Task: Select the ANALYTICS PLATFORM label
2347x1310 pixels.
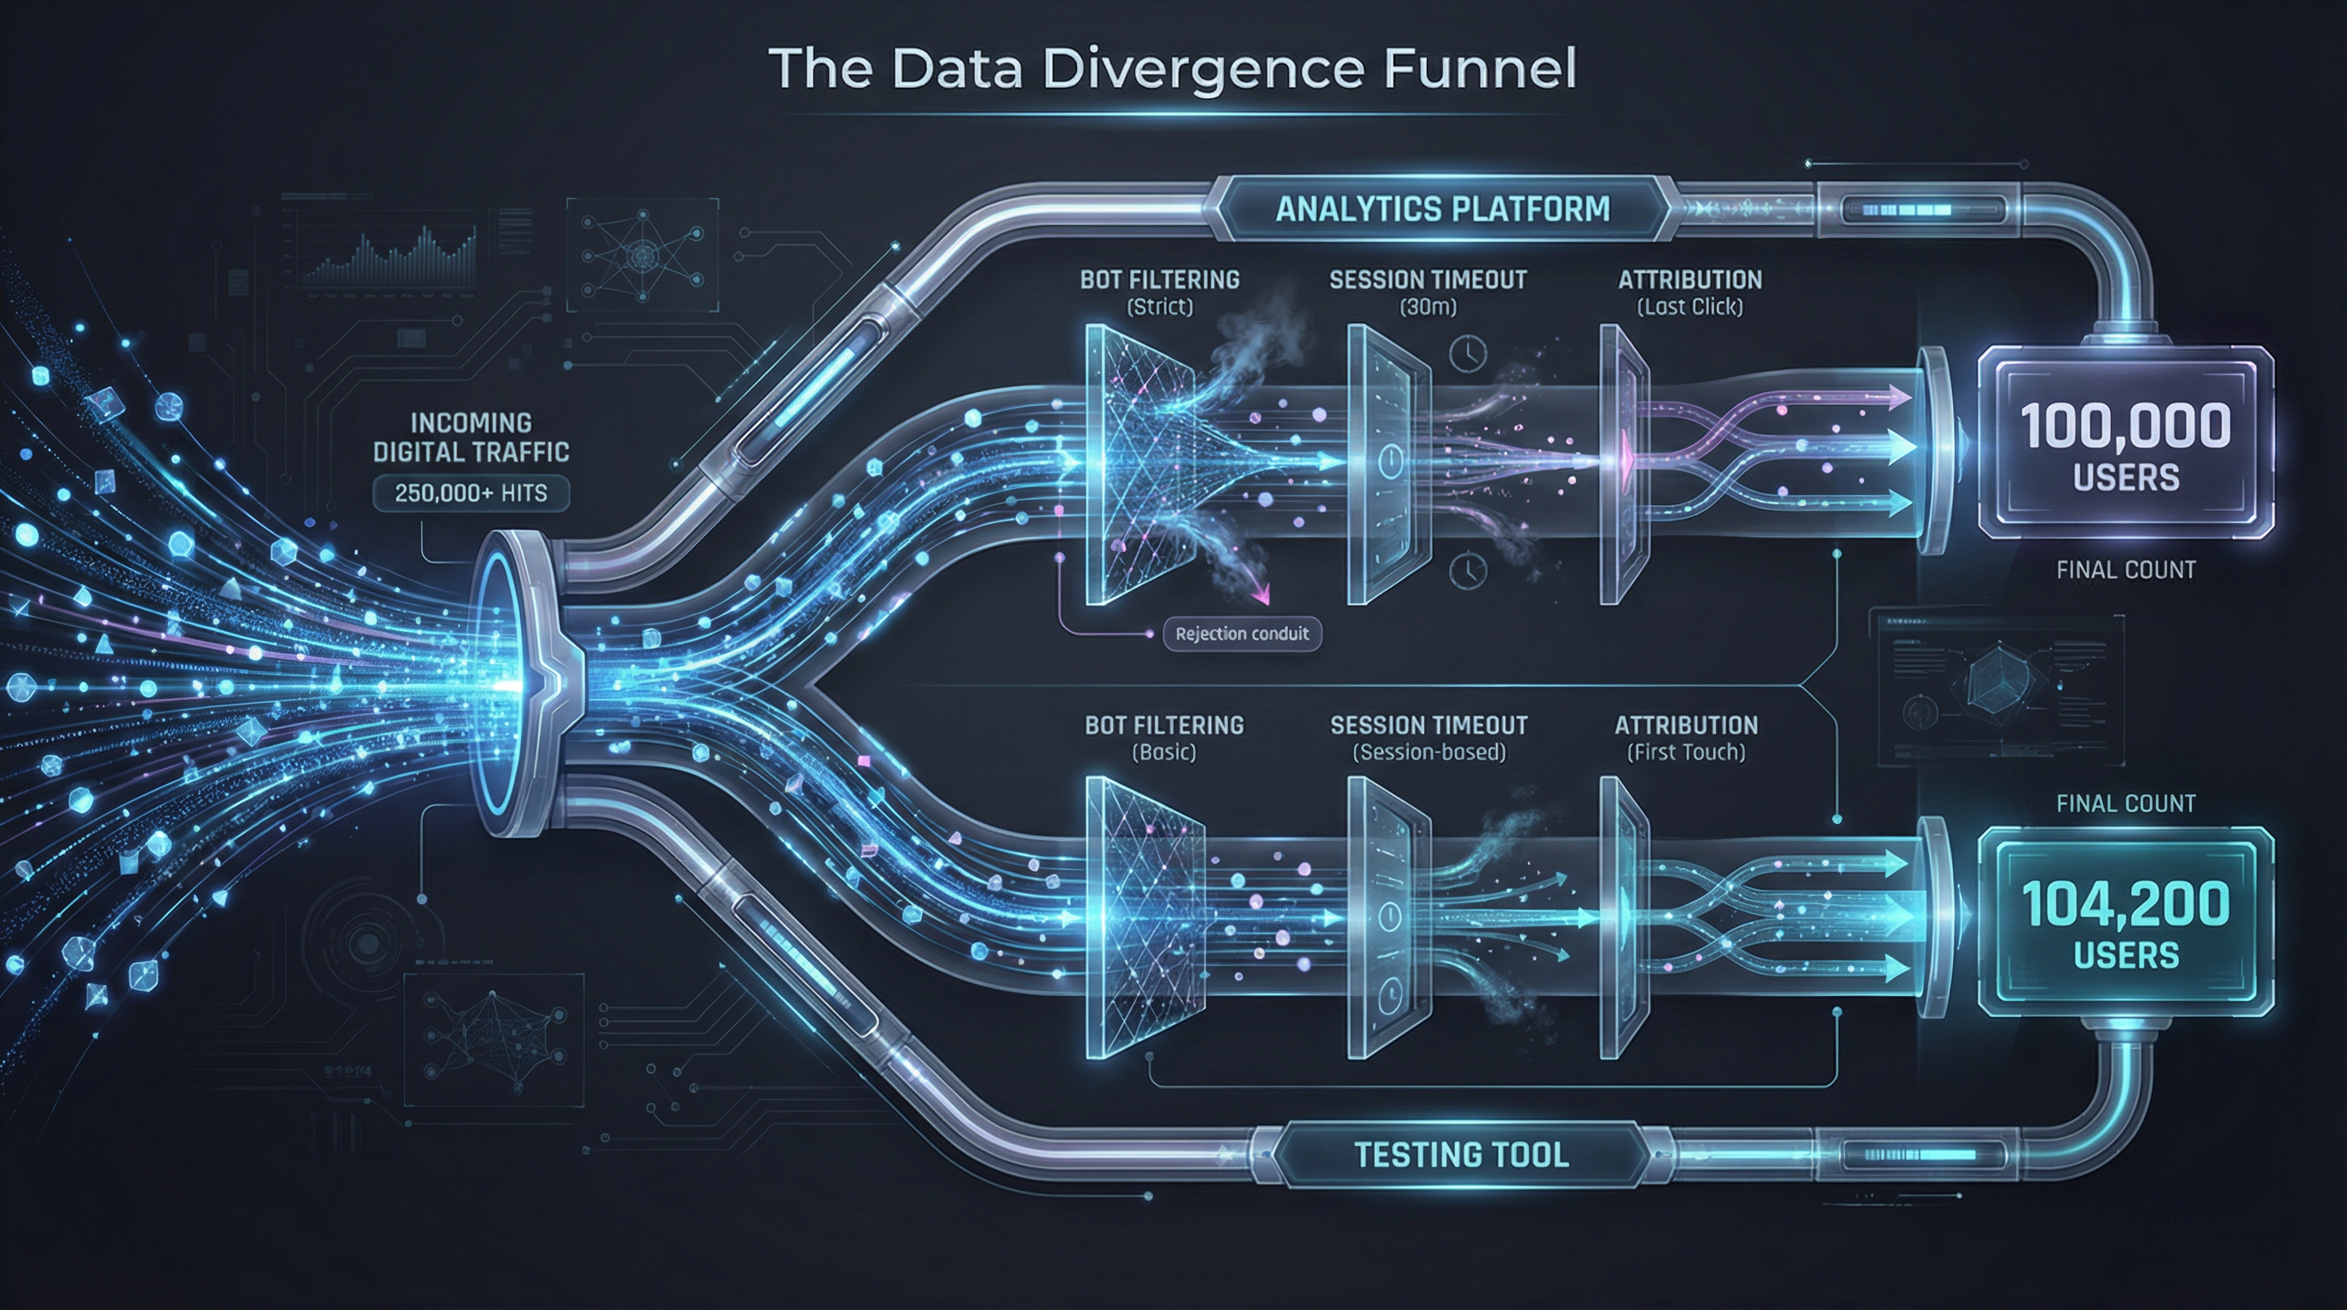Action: coord(1442,209)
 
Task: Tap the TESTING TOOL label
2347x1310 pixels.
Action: coord(1461,1155)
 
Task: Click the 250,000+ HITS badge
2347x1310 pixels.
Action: coord(471,493)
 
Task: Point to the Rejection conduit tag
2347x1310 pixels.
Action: coord(1241,634)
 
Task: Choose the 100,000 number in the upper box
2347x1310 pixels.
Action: coord(2125,426)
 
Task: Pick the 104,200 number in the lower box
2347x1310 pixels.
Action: coord(2125,904)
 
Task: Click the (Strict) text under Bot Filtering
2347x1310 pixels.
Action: coord(1159,307)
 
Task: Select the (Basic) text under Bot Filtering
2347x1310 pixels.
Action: coord(1163,752)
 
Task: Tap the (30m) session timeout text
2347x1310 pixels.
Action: coord(1428,307)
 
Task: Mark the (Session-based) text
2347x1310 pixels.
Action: coord(1428,752)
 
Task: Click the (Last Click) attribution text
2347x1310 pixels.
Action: coord(1689,307)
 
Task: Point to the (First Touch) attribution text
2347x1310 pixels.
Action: coord(1685,752)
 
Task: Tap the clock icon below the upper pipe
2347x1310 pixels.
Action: coord(1468,571)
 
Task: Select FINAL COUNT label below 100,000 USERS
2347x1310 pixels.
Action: coord(2125,571)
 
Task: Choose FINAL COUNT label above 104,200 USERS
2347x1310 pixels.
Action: coord(2125,803)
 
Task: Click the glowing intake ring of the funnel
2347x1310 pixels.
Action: coord(499,683)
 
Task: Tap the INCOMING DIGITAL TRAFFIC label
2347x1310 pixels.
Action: coord(471,438)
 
